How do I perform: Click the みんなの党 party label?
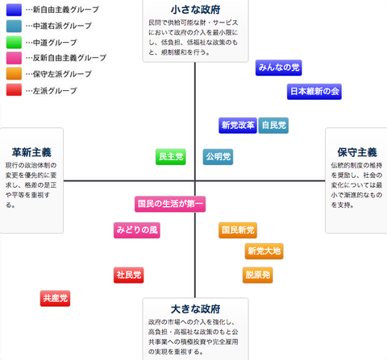click(279, 68)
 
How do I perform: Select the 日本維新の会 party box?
click(314, 92)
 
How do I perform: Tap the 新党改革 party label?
click(238, 126)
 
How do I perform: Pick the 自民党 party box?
click(273, 126)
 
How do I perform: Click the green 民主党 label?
click(171, 157)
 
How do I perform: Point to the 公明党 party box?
click(218, 157)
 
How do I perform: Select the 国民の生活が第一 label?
click(170, 204)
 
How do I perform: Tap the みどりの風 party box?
click(137, 230)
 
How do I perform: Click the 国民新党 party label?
click(238, 230)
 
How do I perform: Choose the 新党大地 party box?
click(264, 251)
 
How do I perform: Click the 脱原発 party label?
click(258, 275)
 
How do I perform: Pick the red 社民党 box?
click(129, 275)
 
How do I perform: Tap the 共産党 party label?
click(55, 299)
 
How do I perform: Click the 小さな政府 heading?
click(195, 10)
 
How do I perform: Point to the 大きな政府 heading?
click(195, 309)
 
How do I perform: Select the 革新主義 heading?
click(31, 152)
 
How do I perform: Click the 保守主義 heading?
click(357, 152)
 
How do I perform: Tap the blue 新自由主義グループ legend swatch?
click(14, 10)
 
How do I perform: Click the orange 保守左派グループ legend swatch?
click(14, 74)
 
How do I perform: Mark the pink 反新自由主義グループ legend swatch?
click(14, 58)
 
